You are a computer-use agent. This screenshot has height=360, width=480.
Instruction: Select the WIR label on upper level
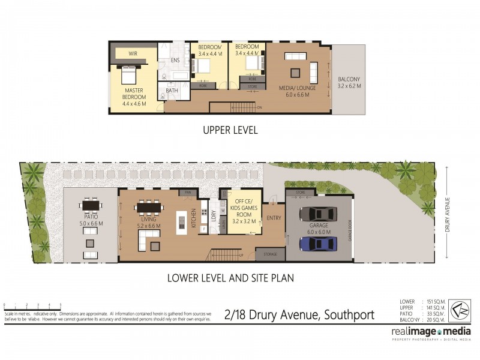tap(133, 53)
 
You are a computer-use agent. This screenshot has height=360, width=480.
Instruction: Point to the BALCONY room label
tap(349, 82)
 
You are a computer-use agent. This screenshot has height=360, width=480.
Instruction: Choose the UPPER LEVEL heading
tap(230, 130)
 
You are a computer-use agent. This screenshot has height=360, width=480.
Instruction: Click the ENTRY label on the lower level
tap(274, 218)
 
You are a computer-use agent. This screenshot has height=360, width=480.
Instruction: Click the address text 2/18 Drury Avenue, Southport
tap(299, 314)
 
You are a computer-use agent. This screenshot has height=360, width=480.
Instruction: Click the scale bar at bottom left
tap(32, 308)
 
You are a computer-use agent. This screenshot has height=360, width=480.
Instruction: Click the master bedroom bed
tap(129, 76)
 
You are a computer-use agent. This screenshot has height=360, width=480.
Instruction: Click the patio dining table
tap(91, 206)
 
